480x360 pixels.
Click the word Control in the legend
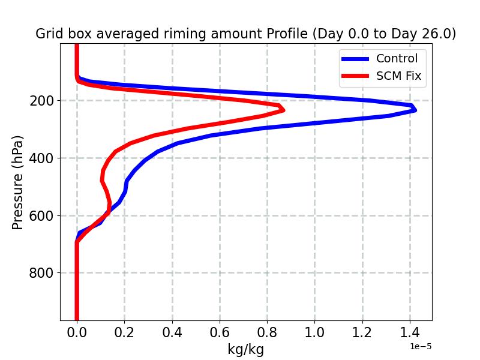[397, 58]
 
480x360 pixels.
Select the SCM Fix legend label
[398, 76]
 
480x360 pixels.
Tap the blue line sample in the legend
[355, 59]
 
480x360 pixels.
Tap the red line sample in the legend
[355, 77]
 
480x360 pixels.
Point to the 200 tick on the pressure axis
[41, 101]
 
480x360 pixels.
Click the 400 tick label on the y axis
[41, 158]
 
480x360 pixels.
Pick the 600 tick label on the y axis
[41, 215]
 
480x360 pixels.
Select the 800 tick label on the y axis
[41, 273]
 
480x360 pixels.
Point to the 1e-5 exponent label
[421, 347]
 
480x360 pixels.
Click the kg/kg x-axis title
[245, 349]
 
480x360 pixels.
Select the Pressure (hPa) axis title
[18, 182]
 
